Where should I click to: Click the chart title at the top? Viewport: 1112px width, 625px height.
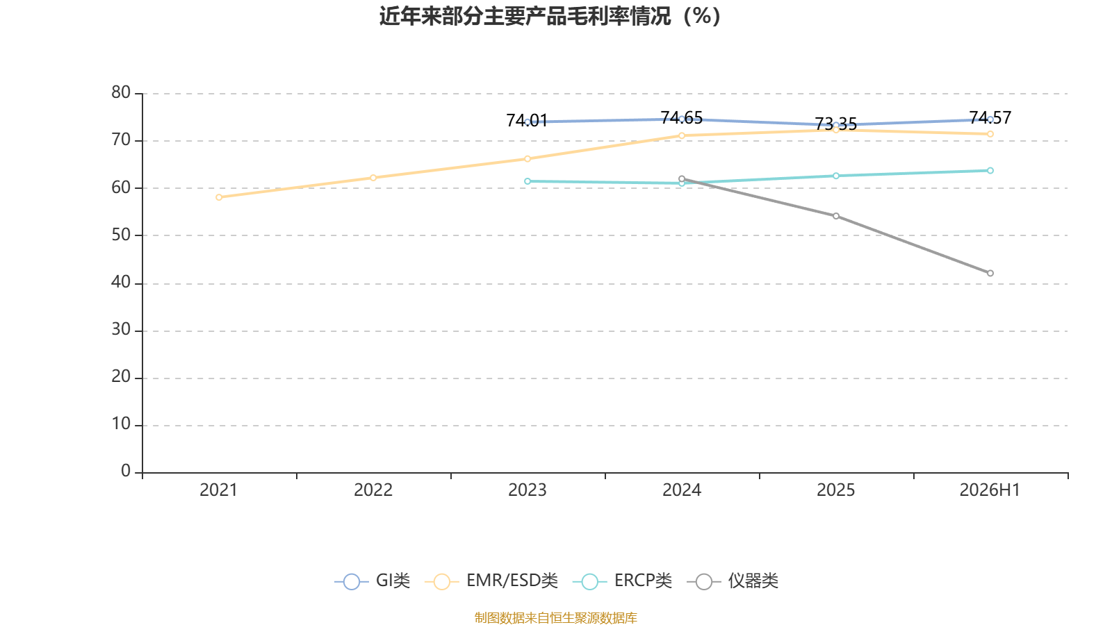(550, 17)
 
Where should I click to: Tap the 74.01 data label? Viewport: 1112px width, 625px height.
(528, 121)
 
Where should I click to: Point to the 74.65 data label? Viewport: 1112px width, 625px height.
(682, 117)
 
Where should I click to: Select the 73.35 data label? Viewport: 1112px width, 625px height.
(836, 124)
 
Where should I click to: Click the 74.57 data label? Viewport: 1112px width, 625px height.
(990, 117)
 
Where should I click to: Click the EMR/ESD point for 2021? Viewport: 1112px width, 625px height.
(219, 197)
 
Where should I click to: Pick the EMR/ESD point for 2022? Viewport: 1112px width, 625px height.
(373, 178)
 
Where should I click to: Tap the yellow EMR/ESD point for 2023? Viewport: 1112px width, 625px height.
(528, 159)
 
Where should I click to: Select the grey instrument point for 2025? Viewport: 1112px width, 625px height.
(836, 216)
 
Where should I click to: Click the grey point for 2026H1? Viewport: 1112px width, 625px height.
(990, 274)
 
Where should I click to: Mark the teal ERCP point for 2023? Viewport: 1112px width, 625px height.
(528, 181)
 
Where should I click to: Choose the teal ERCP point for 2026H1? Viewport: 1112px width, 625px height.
(990, 171)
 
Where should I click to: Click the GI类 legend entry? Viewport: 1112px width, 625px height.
(373, 581)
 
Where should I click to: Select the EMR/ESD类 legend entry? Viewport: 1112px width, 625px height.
(491, 581)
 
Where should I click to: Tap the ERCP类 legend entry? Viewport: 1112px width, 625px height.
(622, 581)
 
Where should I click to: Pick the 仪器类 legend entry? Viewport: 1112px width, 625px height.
(733, 581)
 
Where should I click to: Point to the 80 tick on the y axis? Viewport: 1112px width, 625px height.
(121, 93)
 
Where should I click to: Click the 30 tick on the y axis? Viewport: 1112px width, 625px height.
(121, 330)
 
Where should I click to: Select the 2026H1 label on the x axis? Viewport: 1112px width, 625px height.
(990, 490)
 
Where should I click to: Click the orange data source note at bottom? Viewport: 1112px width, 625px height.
(555, 617)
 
